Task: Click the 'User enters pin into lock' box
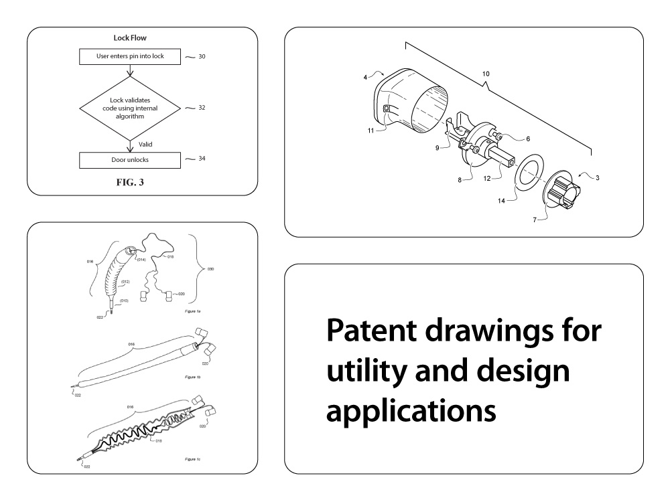(x=130, y=56)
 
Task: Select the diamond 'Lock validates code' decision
(x=130, y=108)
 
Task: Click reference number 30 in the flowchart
(x=202, y=56)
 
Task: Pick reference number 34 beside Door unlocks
(x=202, y=159)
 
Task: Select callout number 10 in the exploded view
(x=486, y=72)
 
